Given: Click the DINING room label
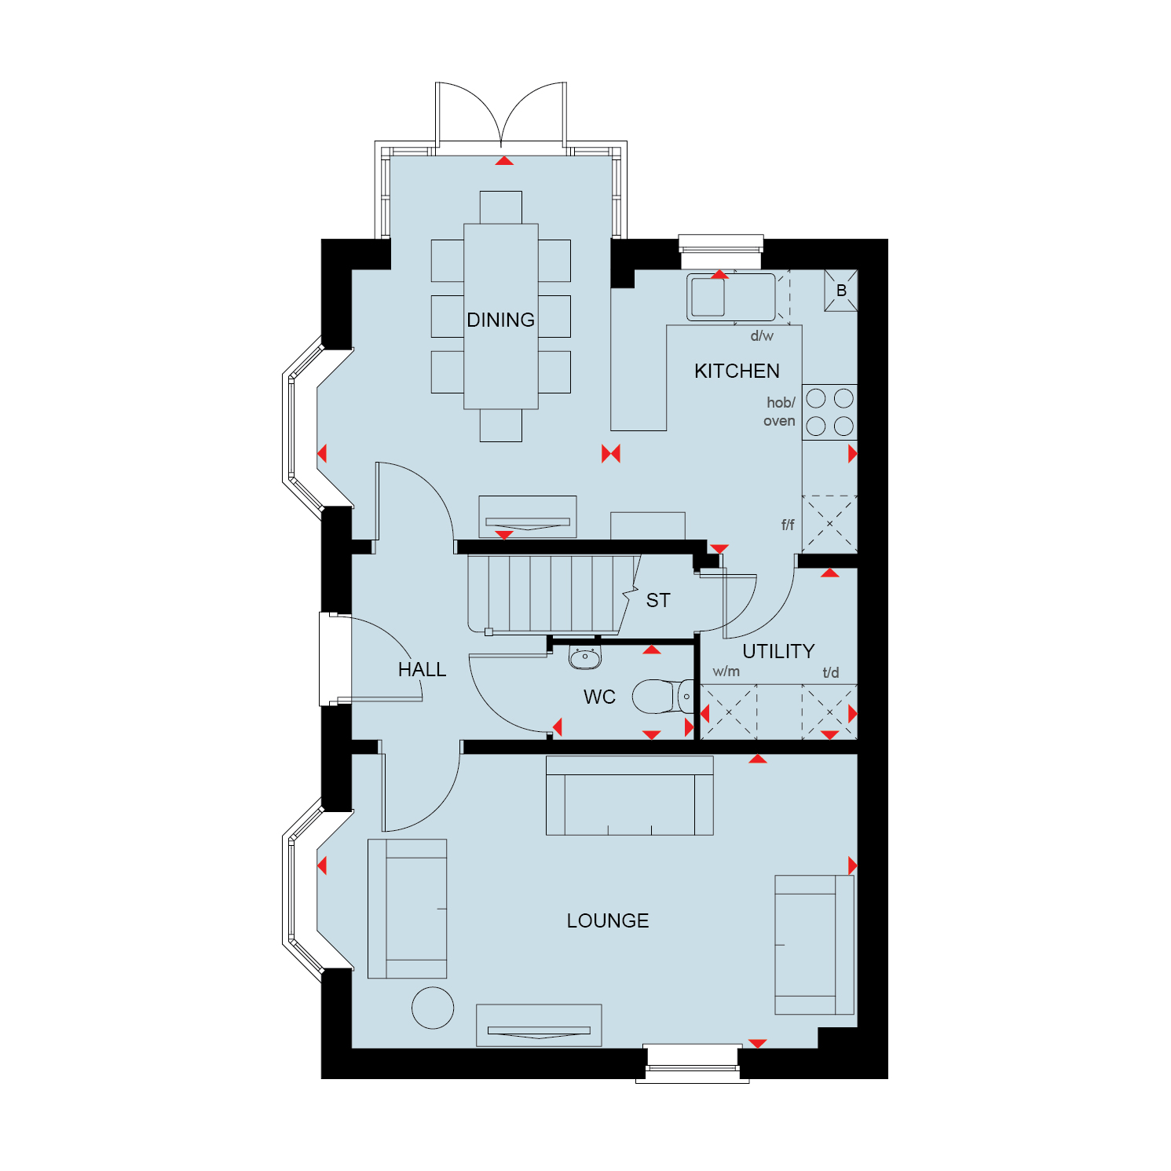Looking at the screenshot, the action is point(500,320).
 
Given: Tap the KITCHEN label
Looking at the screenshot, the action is point(737,371).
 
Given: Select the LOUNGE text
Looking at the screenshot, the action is point(608,920).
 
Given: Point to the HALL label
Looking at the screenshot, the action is point(422,669).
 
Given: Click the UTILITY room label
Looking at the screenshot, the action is point(778,651).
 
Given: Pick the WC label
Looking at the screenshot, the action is point(599,697).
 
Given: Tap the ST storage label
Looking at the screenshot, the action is point(658,601).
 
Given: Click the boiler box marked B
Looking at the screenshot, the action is point(841,290).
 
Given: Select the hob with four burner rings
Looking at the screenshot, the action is point(829,412).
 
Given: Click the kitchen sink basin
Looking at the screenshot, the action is point(708,297).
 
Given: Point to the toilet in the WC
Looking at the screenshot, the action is point(663,697).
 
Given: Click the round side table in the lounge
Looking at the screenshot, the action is point(433,1008).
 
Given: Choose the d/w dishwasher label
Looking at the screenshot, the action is point(762,336).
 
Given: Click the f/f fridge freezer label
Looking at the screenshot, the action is point(788,525).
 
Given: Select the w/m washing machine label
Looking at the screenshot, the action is point(726,671).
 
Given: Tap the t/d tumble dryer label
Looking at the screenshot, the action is point(831,672).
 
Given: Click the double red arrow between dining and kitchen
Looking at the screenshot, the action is point(611,453).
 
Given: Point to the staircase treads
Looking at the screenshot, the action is point(550,594).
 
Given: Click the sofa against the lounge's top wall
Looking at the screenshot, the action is point(630,796).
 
